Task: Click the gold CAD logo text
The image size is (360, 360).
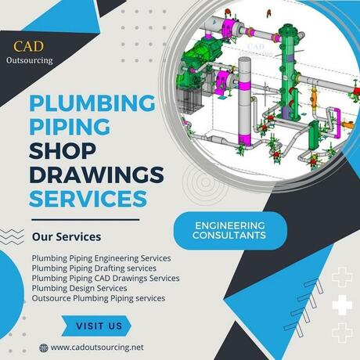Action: [x=28, y=46]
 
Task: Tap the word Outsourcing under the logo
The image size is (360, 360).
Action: [x=30, y=60]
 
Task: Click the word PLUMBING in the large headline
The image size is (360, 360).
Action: [x=92, y=103]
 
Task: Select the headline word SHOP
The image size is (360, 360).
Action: [x=63, y=151]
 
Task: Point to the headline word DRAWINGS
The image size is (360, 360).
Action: [x=96, y=175]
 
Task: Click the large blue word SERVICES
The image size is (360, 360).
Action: [x=88, y=198]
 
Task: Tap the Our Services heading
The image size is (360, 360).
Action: [x=67, y=237]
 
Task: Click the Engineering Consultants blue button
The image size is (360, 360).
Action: [x=230, y=231]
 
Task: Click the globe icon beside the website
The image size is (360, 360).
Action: [x=44, y=347]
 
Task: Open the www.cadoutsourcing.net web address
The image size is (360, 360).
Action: [x=97, y=347]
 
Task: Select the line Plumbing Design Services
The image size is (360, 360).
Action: [x=79, y=288]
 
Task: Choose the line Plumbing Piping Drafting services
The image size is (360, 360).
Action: [x=94, y=268]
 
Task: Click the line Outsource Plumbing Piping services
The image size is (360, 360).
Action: [x=99, y=298]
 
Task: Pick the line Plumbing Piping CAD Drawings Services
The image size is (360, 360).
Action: [x=106, y=278]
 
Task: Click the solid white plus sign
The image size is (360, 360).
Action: [x=342, y=305]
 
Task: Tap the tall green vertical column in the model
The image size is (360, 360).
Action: [x=288, y=70]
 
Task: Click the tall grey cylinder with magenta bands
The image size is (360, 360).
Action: [x=245, y=102]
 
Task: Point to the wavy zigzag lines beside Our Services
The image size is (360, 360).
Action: [x=12, y=236]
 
